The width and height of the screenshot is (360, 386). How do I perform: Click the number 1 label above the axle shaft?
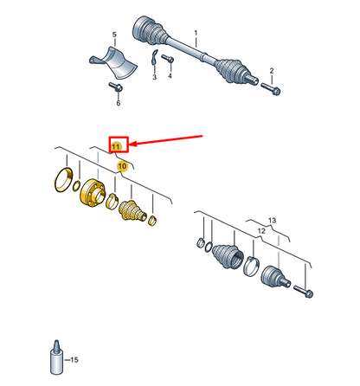[x=196, y=33]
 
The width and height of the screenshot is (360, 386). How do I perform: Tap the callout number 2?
[x=272, y=71]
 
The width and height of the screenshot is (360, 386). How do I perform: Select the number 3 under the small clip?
[x=155, y=77]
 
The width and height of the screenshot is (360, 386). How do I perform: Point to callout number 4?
[x=170, y=75]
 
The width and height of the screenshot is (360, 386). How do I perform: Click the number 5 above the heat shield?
[x=114, y=35]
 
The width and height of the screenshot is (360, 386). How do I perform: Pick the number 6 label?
[x=119, y=103]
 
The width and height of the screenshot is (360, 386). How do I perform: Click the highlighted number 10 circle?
[x=122, y=166]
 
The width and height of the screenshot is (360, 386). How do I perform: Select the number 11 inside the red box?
[x=116, y=146]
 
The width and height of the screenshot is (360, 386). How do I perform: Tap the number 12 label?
[x=261, y=231]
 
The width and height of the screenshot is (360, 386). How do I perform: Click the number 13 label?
[x=272, y=221]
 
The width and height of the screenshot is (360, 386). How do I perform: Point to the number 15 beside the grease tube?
[x=74, y=360]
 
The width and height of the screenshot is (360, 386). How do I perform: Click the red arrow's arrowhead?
[x=133, y=144]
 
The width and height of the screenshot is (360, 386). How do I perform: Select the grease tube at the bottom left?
[x=56, y=357]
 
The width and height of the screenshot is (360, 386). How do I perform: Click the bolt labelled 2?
[x=271, y=88]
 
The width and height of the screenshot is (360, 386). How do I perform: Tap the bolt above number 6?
[x=116, y=87]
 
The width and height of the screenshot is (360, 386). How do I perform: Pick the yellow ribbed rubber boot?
[x=132, y=211]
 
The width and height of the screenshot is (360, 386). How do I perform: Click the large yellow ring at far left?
[x=63, y=180]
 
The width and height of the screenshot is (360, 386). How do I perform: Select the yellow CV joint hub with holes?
[x=92, y=192]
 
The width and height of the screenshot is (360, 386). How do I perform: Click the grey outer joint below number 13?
[x=275, y=277]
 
